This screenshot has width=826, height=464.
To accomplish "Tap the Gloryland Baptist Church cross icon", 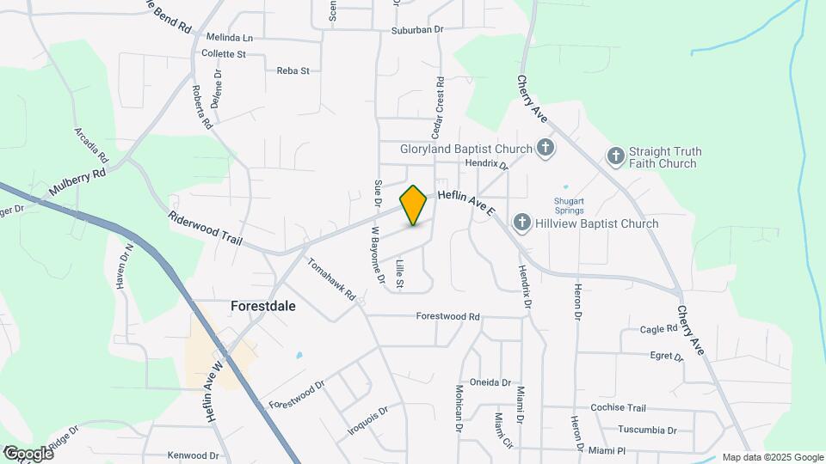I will tap(545, 148).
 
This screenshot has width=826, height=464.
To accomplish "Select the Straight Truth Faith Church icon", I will tap(615, 156).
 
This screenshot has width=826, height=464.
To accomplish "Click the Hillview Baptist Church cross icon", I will tap(521, 223).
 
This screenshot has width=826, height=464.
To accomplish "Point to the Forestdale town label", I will tap(263, 304).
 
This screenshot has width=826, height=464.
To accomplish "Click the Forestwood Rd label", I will tap(447, 316).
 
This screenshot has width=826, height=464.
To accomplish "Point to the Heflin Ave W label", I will tap(213, 391).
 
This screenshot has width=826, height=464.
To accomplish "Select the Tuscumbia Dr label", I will tap(647, 430).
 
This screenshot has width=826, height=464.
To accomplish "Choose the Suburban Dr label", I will tap(416, 29).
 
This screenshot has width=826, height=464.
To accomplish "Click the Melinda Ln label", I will tap(230, 38).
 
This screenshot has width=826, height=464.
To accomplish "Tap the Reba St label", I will tap(293, 70).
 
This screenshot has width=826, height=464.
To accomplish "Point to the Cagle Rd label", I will tap(659, 329).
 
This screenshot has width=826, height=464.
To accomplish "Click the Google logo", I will tap(28, 453).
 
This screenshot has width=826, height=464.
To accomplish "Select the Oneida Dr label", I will tap(490, 382).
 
